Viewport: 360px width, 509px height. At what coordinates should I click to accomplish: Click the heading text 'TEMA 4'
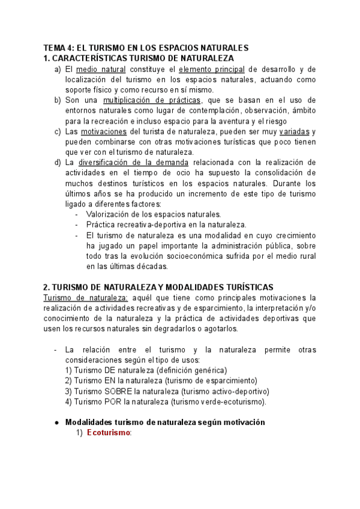coord(56,47)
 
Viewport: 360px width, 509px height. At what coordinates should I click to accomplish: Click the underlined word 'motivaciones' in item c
coord(104,131)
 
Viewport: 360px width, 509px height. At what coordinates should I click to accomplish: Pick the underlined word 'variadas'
coord(296,131)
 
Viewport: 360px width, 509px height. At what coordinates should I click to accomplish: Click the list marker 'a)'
coord(58,70)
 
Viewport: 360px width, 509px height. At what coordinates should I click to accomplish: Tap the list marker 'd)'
coord(58,163)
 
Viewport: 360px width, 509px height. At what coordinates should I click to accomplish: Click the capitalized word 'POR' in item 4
coord(110,402)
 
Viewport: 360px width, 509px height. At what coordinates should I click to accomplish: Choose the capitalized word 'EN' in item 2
coord(108,381)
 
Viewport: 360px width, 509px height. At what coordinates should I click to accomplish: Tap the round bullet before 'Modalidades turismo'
coord(56,423)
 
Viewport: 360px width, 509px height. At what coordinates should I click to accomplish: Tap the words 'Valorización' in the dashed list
coord(109,214)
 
